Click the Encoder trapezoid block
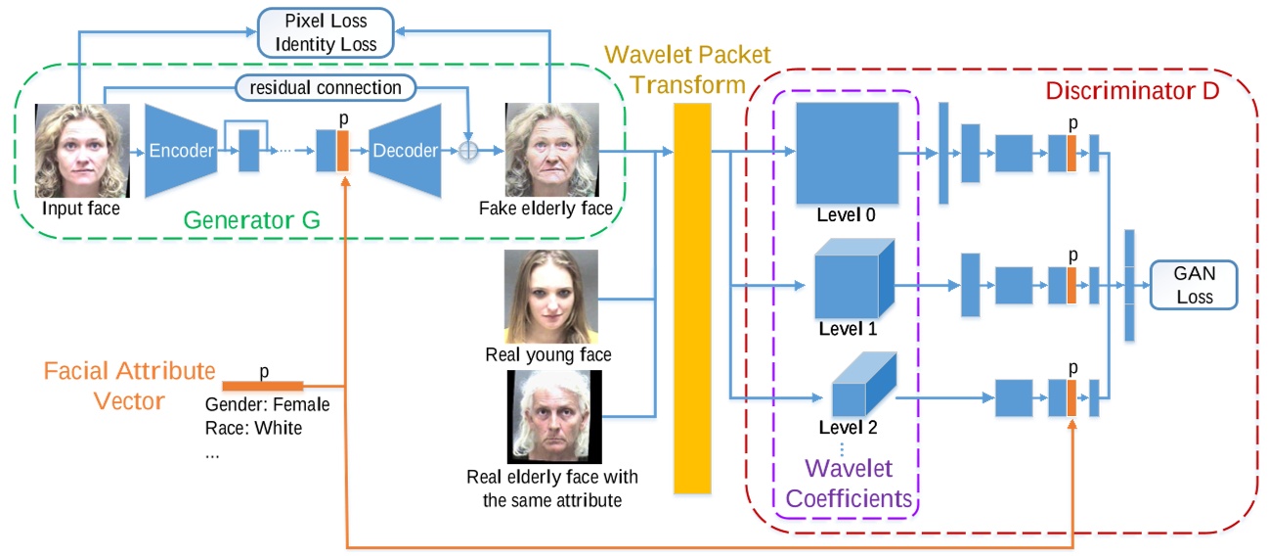coord(180,150)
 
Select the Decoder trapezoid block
coord(405,150)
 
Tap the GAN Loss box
coord(1194,284)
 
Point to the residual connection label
coord(326,87)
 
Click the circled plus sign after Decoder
coord(471,150)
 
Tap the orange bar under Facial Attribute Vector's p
coord(263,385)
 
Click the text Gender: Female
coord(268,404)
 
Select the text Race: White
coord(254,428)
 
